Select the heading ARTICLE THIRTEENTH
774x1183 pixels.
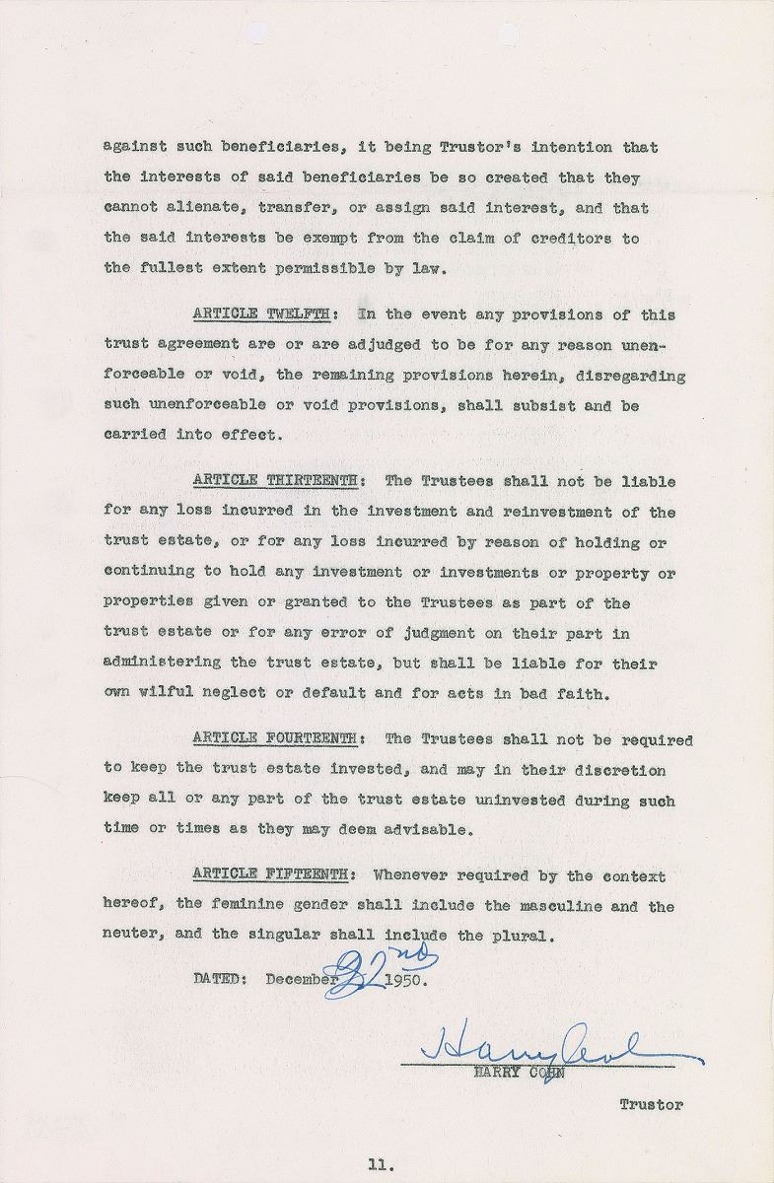(275, 481)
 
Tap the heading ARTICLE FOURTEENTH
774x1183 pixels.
(275, 739)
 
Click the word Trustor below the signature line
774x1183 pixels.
(651, 1105)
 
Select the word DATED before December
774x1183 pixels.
(221, 980)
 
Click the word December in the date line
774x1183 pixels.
(302, 980)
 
